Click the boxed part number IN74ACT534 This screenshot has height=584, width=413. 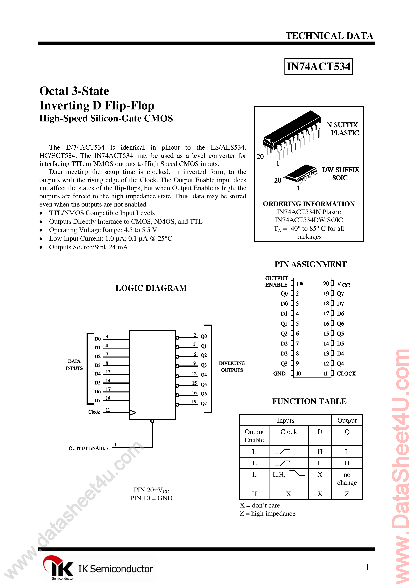pos(318,67)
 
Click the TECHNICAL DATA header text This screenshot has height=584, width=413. pos(329,36)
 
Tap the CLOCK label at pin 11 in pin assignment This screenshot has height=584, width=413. pos(346,373)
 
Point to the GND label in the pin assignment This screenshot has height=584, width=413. pos(279,373)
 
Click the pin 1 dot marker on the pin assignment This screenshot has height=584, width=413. pos(301,284)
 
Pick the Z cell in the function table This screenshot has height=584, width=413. pos(347,494)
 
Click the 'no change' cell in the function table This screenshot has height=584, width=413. pos(347,478)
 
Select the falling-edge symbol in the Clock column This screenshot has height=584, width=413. pos(297,473)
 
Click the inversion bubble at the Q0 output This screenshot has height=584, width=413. pos(178,338)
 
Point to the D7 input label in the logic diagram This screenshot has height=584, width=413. pos(98,400)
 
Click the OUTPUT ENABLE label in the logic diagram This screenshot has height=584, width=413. pos(88,448)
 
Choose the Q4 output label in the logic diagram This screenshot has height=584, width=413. pos(204,375)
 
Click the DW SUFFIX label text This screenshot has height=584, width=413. pos(340,170)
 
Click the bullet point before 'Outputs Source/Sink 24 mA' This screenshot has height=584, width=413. pos(41,247)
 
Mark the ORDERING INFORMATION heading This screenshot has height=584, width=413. pos(309,204)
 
